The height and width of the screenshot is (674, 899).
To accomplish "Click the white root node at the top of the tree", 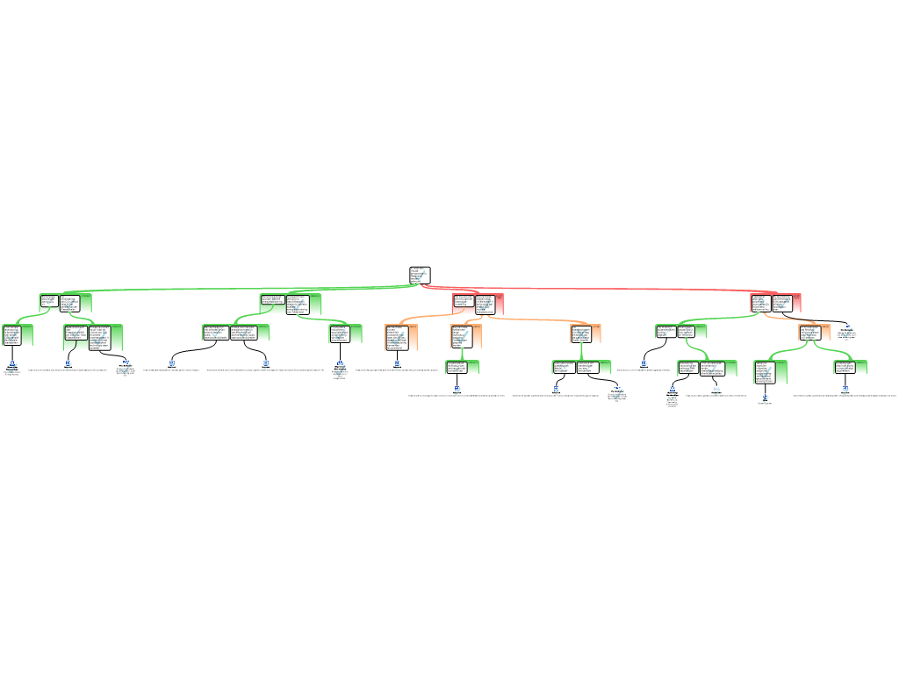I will [420, 276].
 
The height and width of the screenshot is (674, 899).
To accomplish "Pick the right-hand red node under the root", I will [776, 303].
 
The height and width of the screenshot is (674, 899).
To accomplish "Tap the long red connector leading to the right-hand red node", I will [615, 288].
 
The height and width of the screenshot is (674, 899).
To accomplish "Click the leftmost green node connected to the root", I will [65, 303].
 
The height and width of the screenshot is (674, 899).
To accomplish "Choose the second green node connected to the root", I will [291, 304].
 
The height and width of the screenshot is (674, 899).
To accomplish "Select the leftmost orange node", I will [401, 338].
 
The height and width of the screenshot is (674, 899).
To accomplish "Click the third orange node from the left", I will [586, 333].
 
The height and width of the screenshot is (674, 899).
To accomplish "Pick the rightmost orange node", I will [814, 333].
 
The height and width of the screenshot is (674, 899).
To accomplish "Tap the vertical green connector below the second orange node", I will [462, 354].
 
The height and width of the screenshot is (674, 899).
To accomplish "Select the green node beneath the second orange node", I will [463, 367].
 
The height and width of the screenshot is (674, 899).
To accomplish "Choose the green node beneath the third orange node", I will [581, 367].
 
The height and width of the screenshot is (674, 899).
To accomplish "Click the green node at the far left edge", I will [18, 334].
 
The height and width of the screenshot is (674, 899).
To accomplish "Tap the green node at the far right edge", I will [850, 367].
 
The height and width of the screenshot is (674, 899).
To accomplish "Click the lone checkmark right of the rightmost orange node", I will [846, 332].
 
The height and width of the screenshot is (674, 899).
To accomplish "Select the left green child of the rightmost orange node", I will [770, 372].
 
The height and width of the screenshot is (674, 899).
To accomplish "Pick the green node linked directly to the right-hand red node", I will [680, 332].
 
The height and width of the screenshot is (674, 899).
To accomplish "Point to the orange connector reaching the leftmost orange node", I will [421, 318].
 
